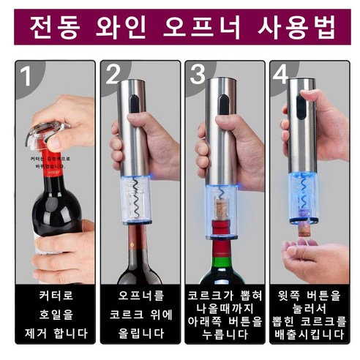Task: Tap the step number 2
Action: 113,75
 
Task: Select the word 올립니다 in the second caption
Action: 139,333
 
